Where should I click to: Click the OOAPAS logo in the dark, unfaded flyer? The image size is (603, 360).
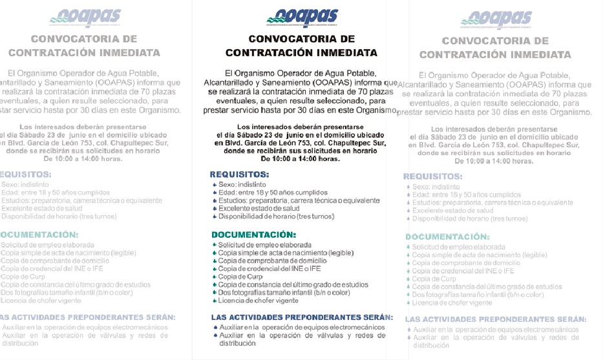coord(302,17)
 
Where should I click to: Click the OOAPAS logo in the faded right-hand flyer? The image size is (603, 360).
coord(496,19)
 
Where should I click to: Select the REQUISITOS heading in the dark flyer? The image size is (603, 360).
coord(240,175)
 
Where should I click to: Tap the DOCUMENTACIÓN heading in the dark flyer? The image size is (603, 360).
coord(253,235)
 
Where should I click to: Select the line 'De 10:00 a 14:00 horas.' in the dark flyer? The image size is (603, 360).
coord(301,159)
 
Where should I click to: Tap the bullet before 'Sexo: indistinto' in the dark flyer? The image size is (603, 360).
coord(215,185)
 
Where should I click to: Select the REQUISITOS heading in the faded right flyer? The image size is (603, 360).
coord(433,176)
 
